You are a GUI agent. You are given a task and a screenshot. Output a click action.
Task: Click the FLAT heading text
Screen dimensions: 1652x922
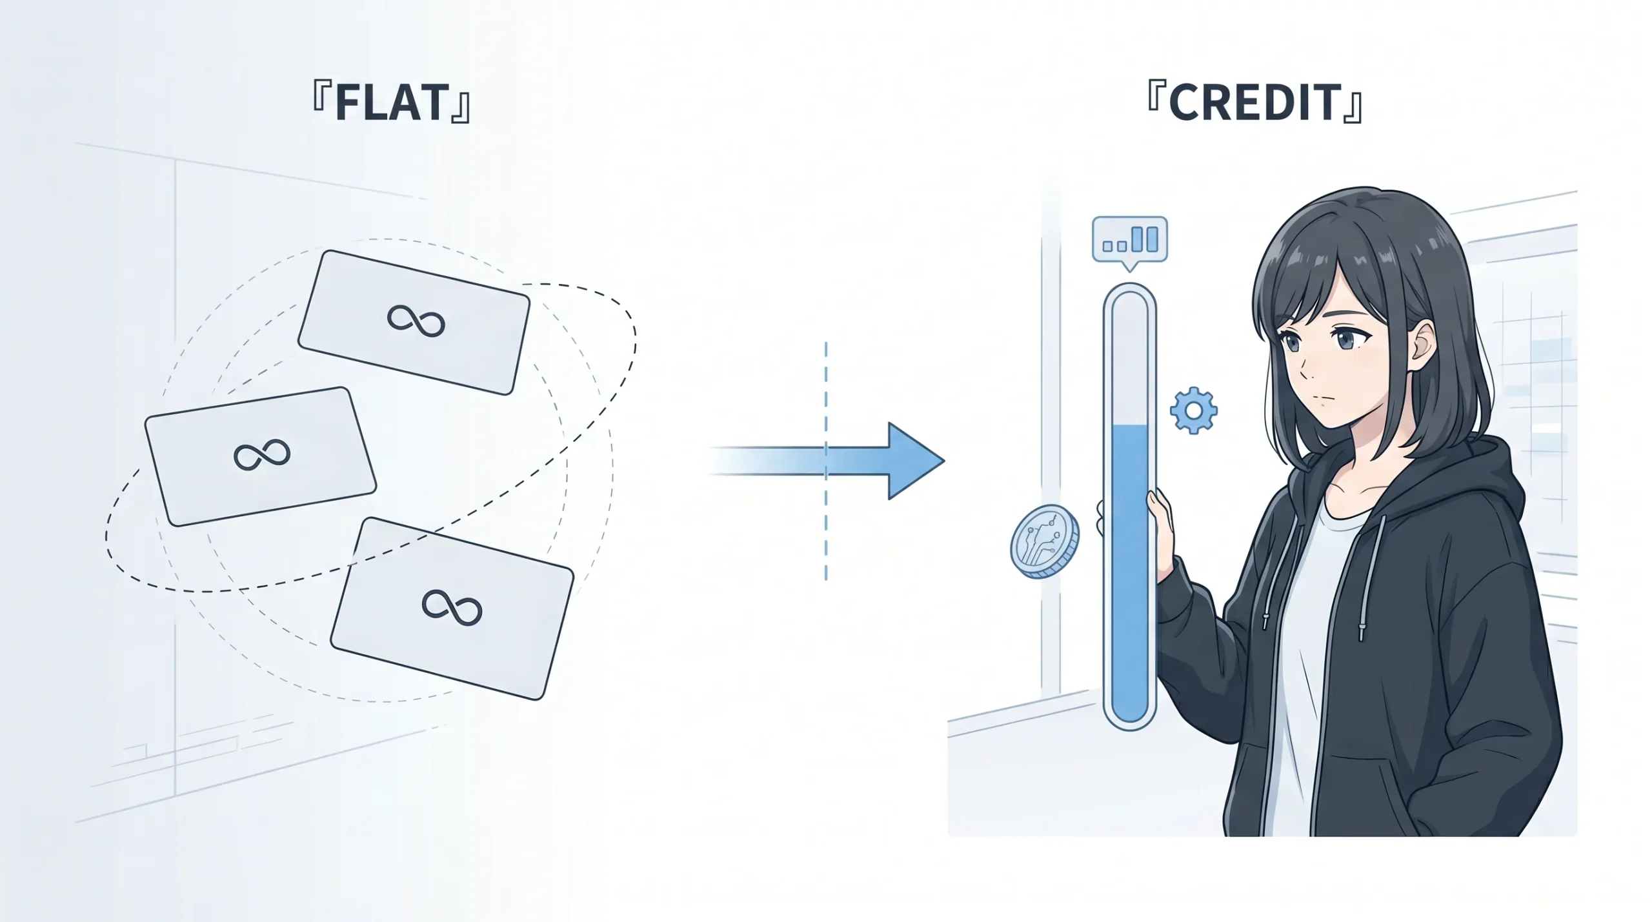tap(391, 103)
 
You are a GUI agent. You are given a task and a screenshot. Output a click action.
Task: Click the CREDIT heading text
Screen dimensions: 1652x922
tap(1254, 103)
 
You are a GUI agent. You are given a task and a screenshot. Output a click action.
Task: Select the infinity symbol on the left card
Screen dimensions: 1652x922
tap(262, 456)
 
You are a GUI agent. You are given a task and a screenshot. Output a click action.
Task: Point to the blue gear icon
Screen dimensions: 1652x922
tap(1194, 410)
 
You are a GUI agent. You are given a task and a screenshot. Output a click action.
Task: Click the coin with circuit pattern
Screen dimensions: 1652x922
tap(1045, 542)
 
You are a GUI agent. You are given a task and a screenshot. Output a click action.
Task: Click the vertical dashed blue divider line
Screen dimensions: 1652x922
tap(826, 461)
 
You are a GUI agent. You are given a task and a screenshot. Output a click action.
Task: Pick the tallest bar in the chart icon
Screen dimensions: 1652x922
tap(1152, 238)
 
